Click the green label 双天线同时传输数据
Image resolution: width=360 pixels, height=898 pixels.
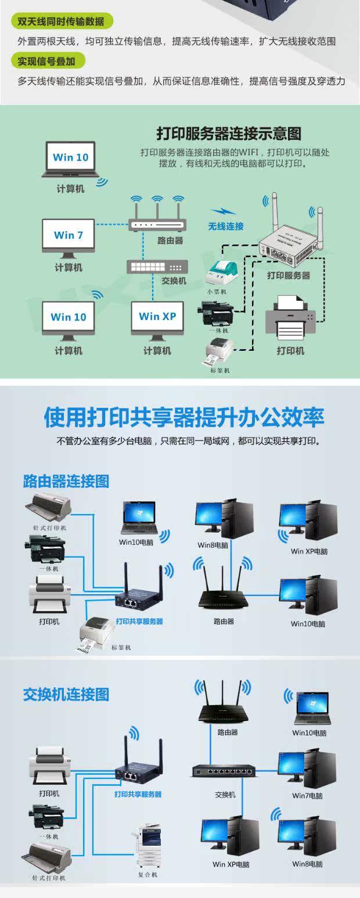tap(61, 21)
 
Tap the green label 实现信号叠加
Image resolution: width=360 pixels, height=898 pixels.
tap(48, 61)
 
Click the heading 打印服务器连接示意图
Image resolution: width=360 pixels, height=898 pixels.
tap(229, 133)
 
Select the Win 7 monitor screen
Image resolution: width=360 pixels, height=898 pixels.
tap(69, 235)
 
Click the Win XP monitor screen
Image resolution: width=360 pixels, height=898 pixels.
tap(157, 317)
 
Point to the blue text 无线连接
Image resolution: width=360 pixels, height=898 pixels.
tap(226, 226)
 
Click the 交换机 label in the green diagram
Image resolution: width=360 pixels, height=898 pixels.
tap(174, 281)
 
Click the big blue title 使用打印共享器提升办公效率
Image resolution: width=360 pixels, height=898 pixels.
tap(184, 417)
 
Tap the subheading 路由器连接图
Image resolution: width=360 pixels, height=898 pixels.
tap(66, 481)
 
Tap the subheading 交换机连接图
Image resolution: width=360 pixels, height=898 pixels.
tap(66, 694)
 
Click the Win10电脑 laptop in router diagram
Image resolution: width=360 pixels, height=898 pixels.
tap(139, 518)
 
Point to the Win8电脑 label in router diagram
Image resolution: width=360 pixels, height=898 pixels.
tap(213, 545)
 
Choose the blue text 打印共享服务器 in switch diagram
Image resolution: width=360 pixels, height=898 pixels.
tap(138, 794)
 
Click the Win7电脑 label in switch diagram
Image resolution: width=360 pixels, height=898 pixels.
tap(308, 796)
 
